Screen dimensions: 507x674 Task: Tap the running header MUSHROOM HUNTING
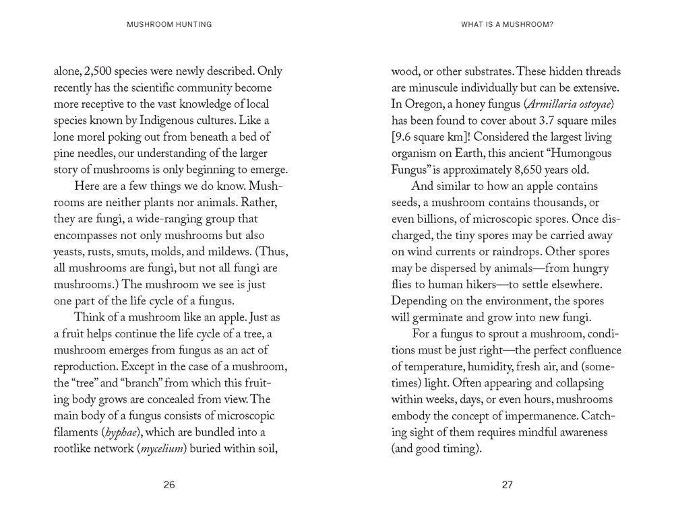[169, 25]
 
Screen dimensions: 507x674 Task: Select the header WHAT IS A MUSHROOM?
[507, 25]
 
